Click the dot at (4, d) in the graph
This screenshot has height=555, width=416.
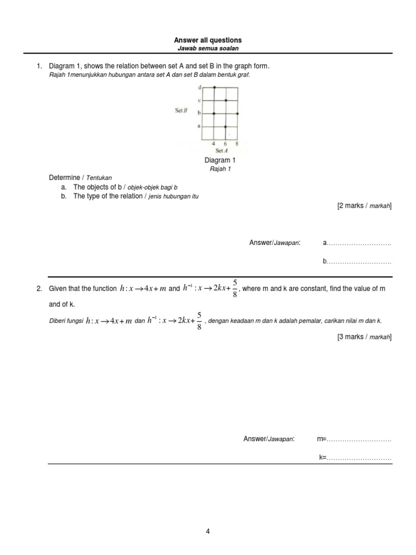[214, 87]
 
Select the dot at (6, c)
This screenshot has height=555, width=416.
[226, 100]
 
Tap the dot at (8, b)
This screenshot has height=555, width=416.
[237, 113]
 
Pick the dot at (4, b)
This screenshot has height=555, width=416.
[214, 113]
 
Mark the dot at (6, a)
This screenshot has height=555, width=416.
[225, 127]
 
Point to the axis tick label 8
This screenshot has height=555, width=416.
[237, 144]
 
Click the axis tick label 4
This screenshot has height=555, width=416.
[213, 144]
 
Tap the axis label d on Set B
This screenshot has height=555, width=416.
[199, 87]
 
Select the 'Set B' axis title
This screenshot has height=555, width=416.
[181, 111]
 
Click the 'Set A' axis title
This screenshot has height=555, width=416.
[221, 151]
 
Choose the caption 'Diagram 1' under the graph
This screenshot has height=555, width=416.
[219, 160]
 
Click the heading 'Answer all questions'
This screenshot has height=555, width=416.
[207, 41]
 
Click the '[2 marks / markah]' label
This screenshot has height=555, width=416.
[364, 206]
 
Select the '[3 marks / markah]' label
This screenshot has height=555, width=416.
[364, 337]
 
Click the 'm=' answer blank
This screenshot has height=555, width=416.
[357, 438]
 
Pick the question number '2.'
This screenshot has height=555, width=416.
[40, 289]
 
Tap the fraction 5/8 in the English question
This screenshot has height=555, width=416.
[235, 288]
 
